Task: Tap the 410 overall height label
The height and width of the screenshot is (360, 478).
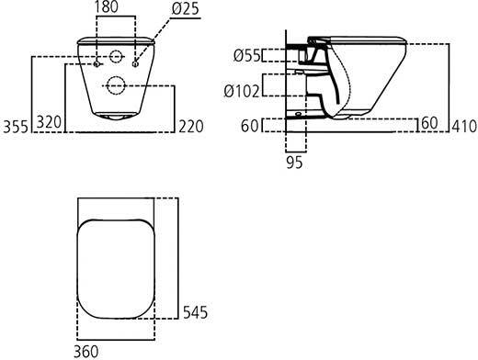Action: tap(463, 122)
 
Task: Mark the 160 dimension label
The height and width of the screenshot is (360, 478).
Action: tap(427, 122)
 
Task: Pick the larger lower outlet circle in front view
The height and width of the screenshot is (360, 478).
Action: tap(116, 86)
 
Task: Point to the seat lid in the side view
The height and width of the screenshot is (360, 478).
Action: tap(368, 40)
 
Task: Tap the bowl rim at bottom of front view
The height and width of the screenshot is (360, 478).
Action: tap(116, 118)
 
